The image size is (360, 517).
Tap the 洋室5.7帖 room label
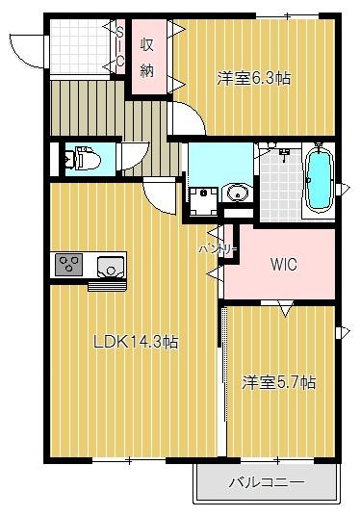(278, 382)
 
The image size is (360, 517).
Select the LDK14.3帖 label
(135, 341)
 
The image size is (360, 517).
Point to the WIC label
(283, 263)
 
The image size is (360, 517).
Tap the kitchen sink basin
(111, 264)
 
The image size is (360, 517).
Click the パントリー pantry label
(218, 248)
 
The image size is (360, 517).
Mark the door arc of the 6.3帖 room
(188, 120)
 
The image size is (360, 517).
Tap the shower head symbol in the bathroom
(284, 154)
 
